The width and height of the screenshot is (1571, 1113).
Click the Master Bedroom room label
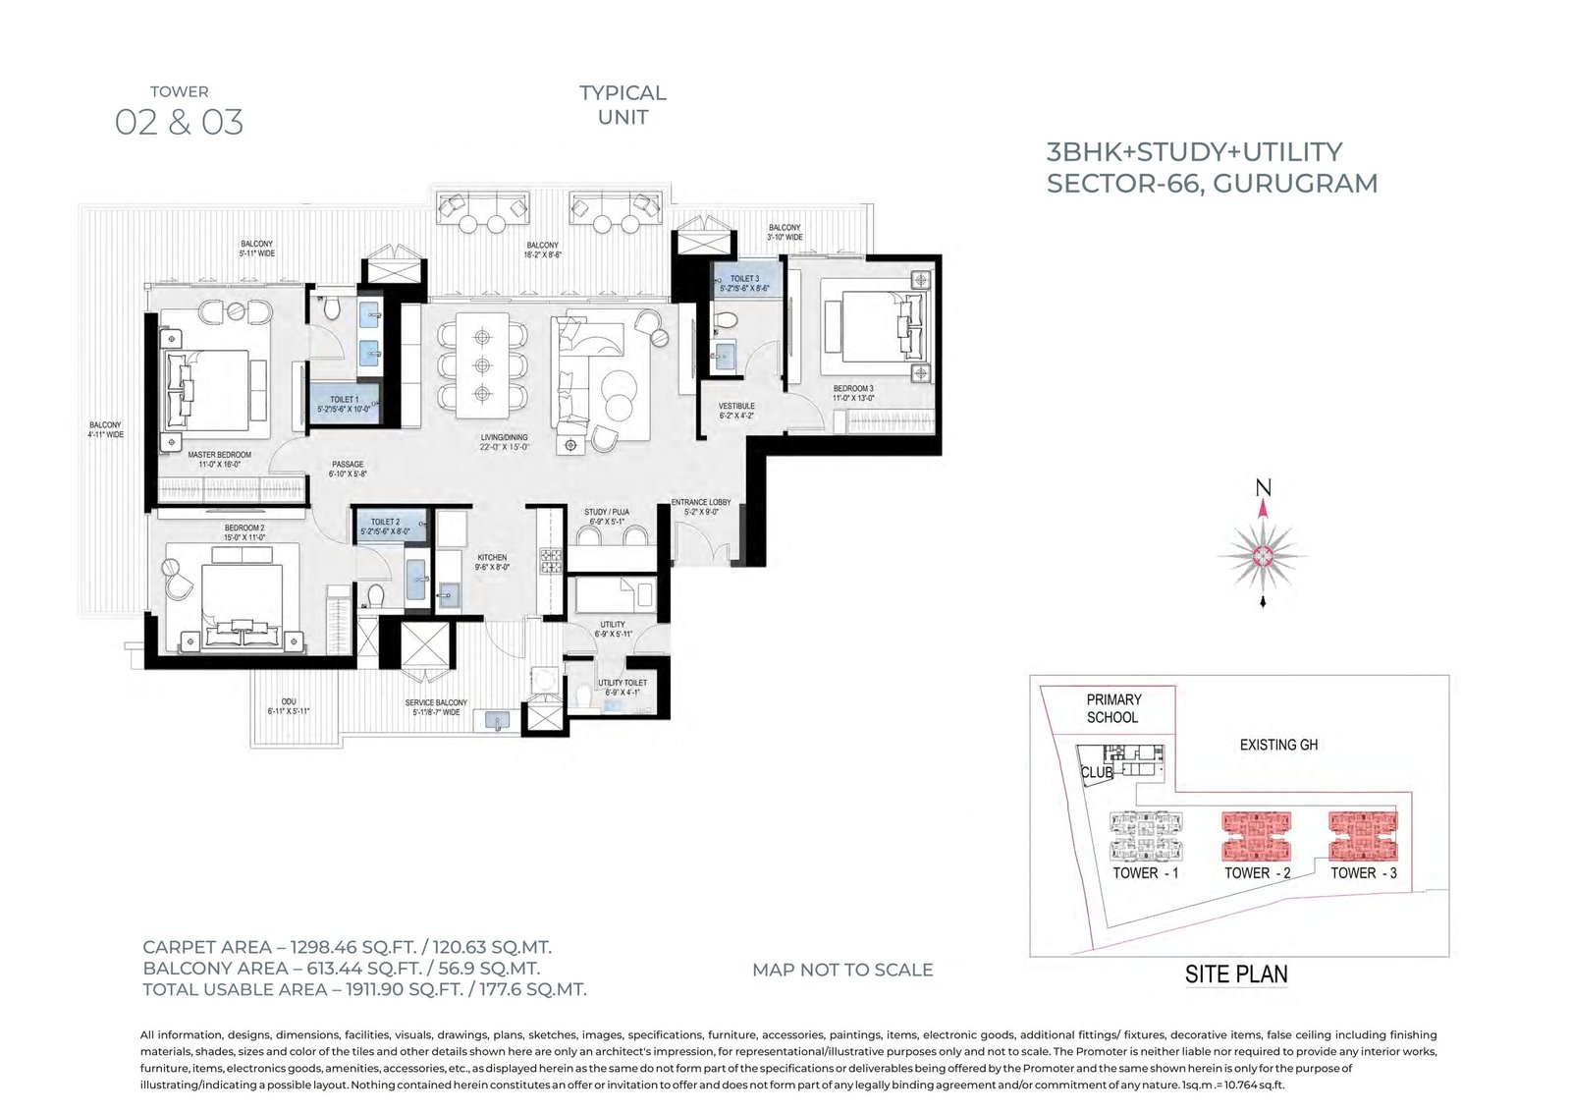(x=219, y=455)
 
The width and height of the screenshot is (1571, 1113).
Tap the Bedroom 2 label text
(x=244, y=529)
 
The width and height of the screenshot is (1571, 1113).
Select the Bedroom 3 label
(x=853, y=389)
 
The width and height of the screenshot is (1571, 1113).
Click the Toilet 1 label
(x=344, y=400)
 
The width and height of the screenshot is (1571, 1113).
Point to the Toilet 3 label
(x=744, y=279)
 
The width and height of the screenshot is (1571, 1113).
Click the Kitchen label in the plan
(x=492, y=558)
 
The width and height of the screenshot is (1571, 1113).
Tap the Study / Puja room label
(x=607, y=512)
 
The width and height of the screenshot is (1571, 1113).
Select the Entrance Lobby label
(x=701, y=503)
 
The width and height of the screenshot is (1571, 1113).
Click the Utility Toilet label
(x=623, y=683)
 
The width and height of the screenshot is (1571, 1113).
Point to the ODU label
(x=288, y=702)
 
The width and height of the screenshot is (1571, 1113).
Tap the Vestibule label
(x=736, y=406)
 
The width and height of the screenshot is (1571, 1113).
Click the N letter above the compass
(x=1264, y=488)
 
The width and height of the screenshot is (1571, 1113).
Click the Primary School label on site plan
(x=1112, y=708)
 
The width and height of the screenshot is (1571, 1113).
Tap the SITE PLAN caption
(x=1236, y=974)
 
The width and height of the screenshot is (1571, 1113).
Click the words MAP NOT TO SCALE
(x=842, y=970)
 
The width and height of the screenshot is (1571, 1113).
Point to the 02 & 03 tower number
(x=180, y=123)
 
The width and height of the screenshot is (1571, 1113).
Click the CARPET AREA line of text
(x=347, y=947)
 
